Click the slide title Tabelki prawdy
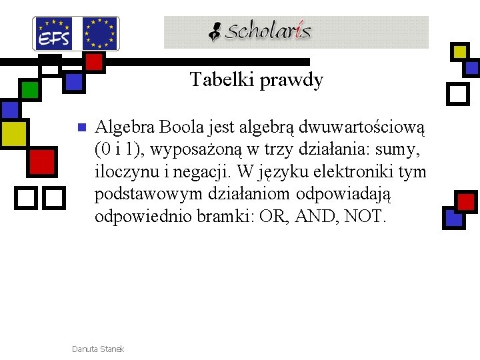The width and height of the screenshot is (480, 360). (x=257, y=80)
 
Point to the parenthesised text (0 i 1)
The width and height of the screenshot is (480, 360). (x=119, y=149)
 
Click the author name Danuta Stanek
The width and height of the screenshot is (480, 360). (x=97, y=349)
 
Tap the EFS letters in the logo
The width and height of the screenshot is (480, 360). (x=54, y=39)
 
